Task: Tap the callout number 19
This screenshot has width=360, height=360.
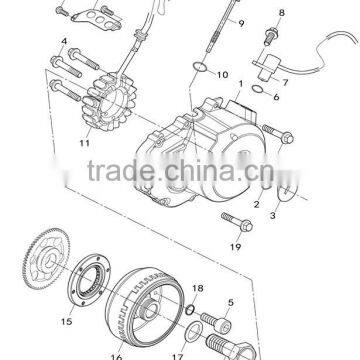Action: (x=236, y=247)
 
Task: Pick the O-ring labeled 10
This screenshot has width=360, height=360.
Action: (x=204, y=69)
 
